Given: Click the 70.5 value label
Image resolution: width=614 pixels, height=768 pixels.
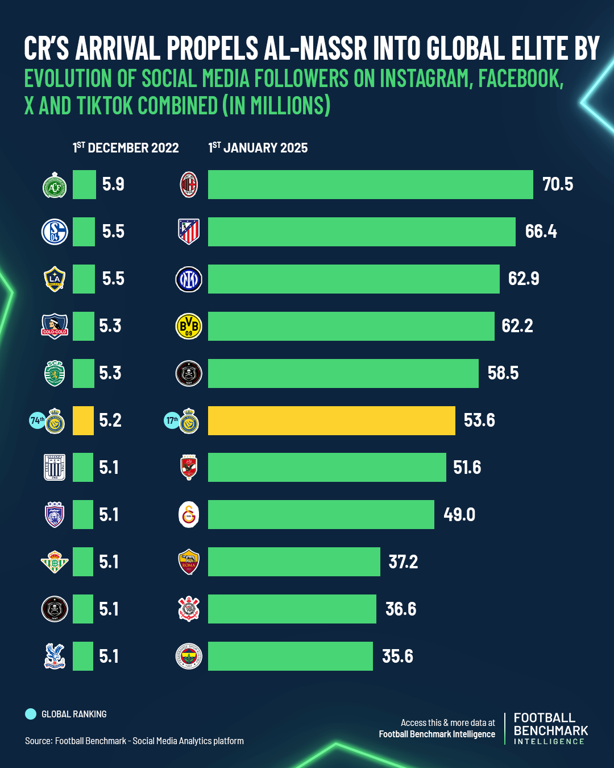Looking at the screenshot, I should [558, 184].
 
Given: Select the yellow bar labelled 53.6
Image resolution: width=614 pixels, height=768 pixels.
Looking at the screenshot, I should [331, 420].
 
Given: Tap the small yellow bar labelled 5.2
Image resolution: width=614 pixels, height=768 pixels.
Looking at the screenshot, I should [83, 420].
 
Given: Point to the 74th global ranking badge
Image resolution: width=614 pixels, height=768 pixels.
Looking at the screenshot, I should [37, 420].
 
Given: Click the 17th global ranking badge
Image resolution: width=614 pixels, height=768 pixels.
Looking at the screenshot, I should [172, 420].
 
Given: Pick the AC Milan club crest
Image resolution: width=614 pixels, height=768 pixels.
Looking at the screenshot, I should [189, 184].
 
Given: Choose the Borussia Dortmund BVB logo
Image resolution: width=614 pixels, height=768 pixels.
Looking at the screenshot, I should [189, 326].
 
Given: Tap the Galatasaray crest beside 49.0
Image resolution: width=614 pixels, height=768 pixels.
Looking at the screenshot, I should [189, 515].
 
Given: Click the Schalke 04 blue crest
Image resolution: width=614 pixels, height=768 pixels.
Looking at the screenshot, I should [55, 232].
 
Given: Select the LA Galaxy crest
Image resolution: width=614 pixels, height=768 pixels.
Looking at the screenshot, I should [55, 279].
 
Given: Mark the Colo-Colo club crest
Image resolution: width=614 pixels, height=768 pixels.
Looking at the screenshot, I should [55, 326].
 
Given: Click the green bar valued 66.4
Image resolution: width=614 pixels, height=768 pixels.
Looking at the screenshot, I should [362, 232].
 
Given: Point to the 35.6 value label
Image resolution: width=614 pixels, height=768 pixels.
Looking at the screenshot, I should [397, 656].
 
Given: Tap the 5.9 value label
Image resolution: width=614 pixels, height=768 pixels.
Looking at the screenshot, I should [113, 184].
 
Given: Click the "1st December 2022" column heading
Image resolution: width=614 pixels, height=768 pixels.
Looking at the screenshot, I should [126, 148].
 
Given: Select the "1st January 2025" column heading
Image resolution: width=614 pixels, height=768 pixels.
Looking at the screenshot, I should [258, 148].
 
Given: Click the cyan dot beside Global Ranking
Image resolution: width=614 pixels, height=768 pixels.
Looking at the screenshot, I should [31, 714].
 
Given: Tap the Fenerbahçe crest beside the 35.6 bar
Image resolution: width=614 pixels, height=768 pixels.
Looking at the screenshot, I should [189, 656].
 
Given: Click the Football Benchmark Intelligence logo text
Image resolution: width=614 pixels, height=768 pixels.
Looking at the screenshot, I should [550, 728].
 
